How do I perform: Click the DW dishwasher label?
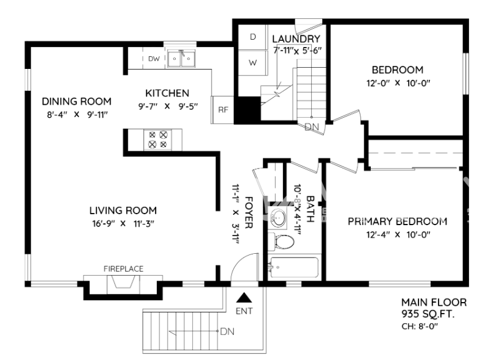pos(154,59)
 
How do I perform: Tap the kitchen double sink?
pos(181,59)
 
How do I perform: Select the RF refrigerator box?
pos(223,110)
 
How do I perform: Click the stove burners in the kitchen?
pos(157,140)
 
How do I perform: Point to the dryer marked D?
pos(253,37)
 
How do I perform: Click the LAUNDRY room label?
pos(296,39)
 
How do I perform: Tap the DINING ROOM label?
pos(76,101)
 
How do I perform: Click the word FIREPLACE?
pos(123,268)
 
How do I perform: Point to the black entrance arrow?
pos(244,297)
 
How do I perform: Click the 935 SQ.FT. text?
pos(428,314)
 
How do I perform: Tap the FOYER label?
pos(249,212)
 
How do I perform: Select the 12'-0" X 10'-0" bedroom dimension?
pos(397,83)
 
